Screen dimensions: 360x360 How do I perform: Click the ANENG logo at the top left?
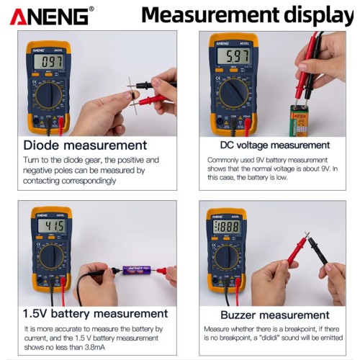[x=51, y=15]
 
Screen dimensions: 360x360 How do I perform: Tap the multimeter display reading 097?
[x=48, y=62]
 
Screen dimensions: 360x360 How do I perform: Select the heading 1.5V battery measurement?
[x=95, y=313]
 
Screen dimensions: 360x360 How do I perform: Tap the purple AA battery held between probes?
[x=136, y=271]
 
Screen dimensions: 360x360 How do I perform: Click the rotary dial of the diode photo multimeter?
[x=50, y=94]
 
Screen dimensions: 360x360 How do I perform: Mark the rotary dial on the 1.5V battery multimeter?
[x=52, y=256]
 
